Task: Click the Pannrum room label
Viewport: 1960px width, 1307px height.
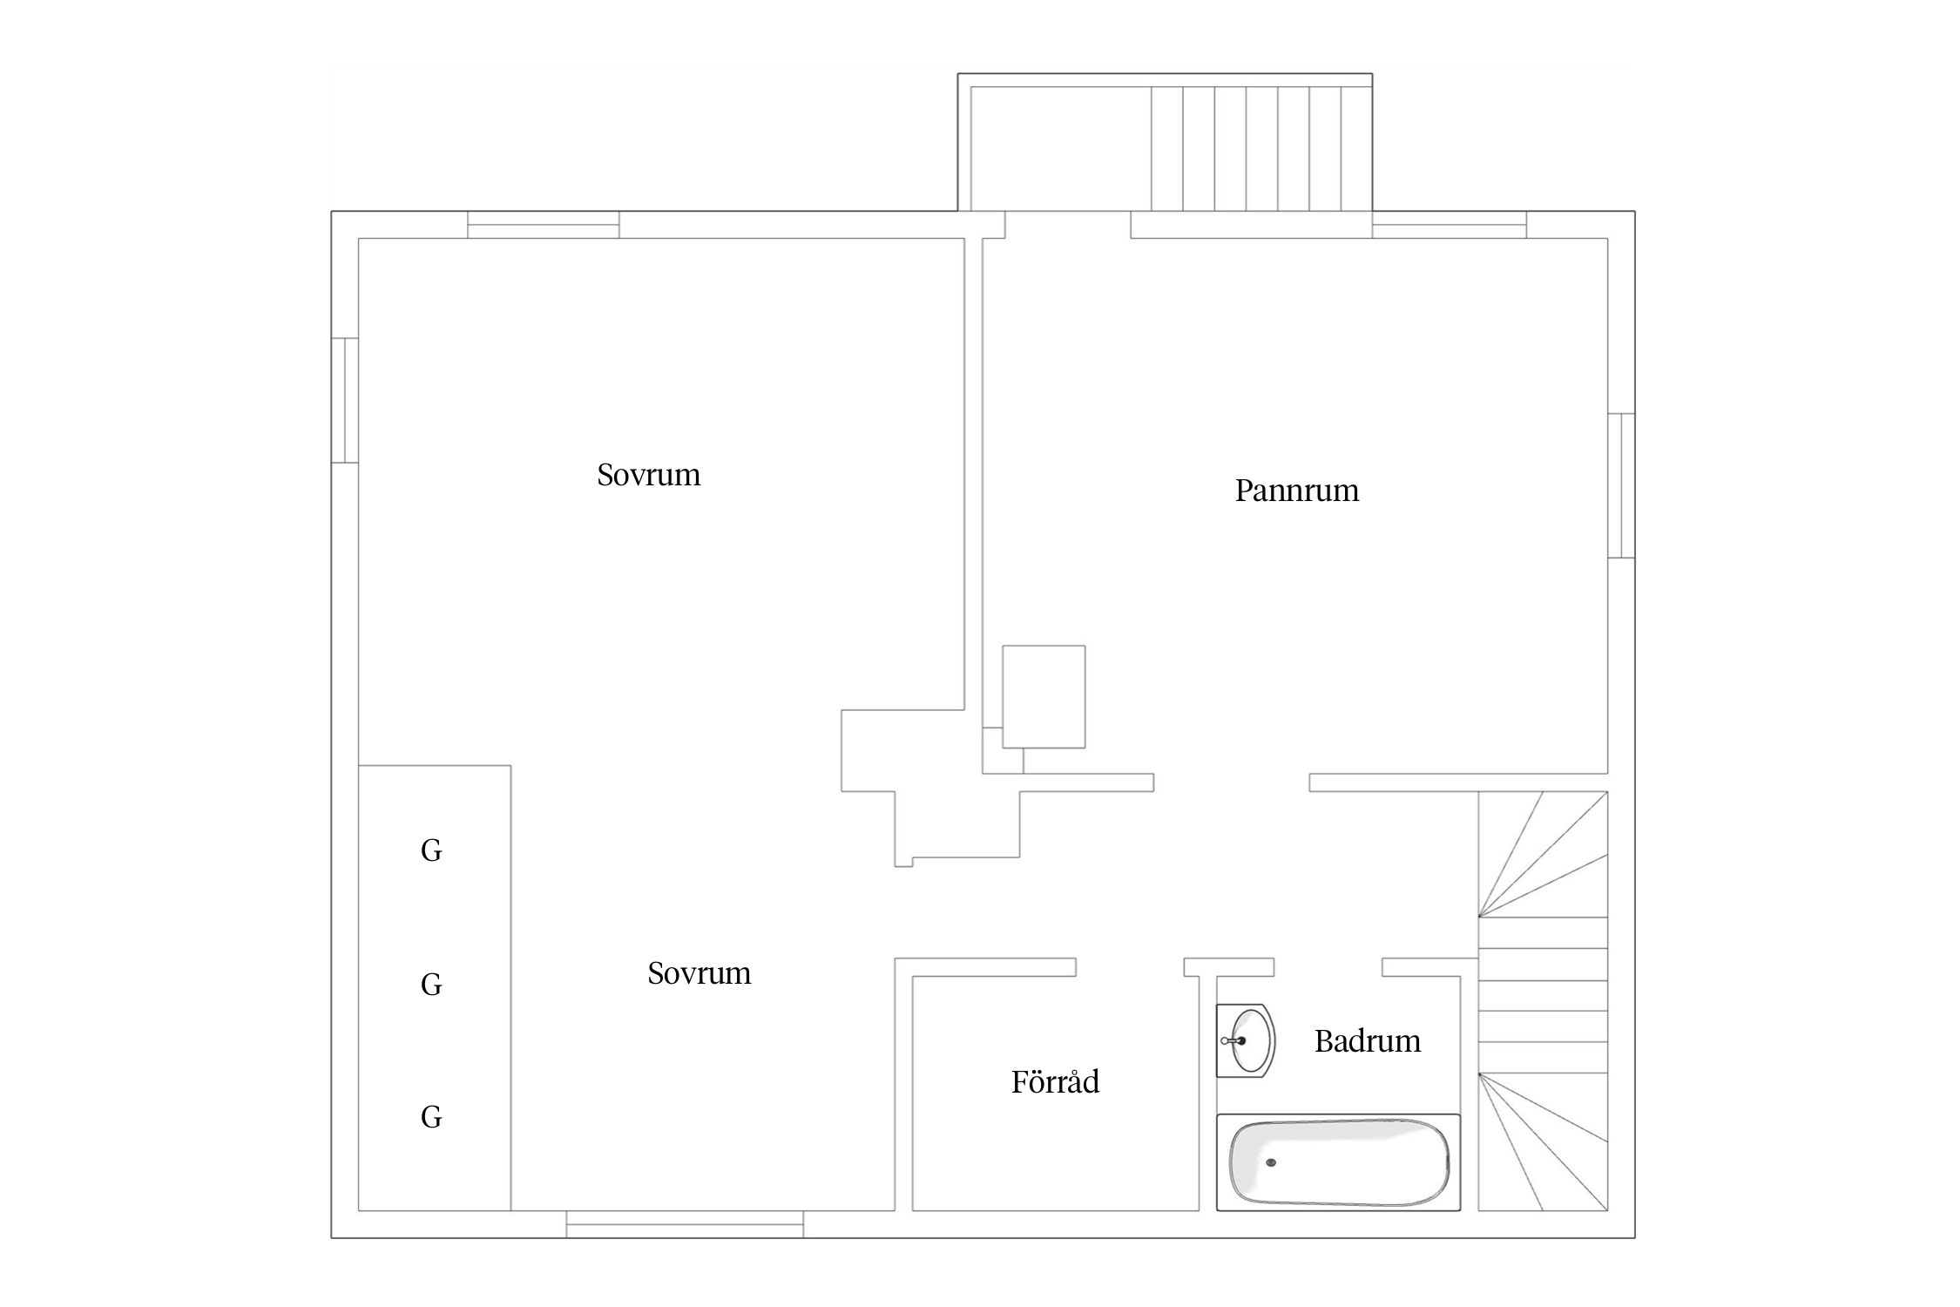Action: click(x=1296, y=491)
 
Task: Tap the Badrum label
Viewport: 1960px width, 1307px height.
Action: click(x=1367, y=1041)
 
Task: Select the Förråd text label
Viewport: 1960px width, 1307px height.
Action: click(x=1055, y=1081)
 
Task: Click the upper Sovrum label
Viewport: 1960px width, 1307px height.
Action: click(x=648, y=475)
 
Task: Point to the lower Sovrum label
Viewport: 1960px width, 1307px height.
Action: click(x=699, y=973)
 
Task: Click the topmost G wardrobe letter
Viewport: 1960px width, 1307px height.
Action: click(x=431, y=850)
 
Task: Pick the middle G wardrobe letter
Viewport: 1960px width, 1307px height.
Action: click(x=431, y=985)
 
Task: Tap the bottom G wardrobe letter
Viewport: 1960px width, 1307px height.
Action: click(x=431, y=1117)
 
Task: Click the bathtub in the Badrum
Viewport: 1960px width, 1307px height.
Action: click(x=1338, y=1162)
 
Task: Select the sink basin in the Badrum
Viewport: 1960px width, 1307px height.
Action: click(x=1247, y=1040)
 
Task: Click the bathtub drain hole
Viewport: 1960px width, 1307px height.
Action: click(x=1271, y=1162)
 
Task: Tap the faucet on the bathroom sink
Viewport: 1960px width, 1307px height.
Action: click(x=1232, y=1040)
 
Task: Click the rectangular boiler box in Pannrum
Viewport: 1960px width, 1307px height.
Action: click(x=1044, y=697)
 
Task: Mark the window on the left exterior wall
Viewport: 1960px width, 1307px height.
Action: click(x=345, y=400)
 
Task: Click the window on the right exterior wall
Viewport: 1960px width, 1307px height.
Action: click(x=1621, y=485)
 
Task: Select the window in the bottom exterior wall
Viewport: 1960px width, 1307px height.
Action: click(x=685, y=1224)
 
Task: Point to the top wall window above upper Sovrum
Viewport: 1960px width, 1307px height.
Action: click(x=544, y=225)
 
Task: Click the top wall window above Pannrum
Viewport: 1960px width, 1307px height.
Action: click(x=1450, y=225)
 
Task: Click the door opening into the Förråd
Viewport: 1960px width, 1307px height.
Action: click(x=1130, y=967)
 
